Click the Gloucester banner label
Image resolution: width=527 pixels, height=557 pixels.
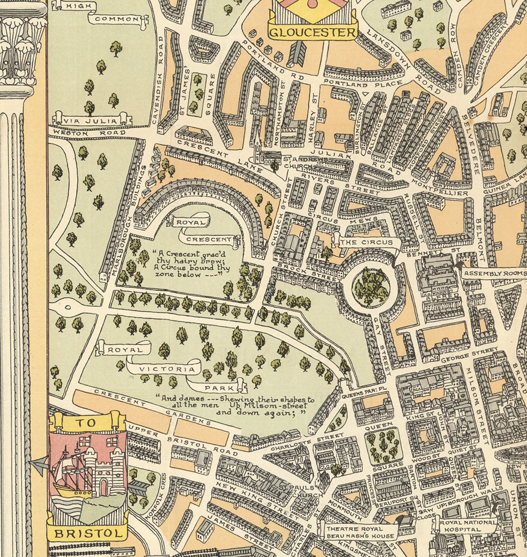[x=312, y=33]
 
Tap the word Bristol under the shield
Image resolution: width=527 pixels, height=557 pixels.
[x=87, y=533]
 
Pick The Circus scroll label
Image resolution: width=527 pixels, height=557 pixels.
[x=366, y=243]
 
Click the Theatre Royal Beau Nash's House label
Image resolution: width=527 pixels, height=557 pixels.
[x=360, y=532]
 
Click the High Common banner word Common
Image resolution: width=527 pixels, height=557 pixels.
[x=116, y=19]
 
